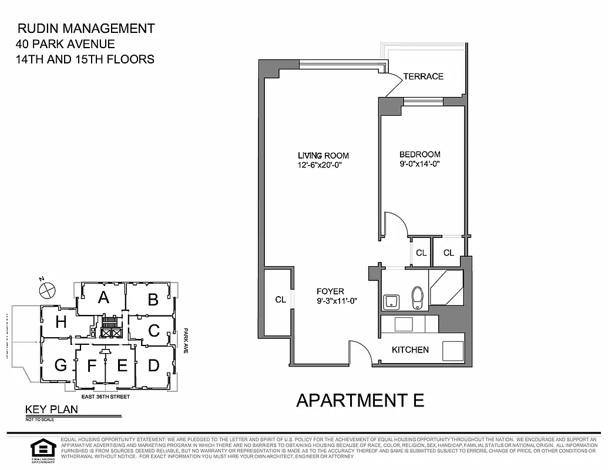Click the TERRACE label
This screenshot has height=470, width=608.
[x=423, y=76]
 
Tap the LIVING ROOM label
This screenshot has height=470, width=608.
[x=323, y=156]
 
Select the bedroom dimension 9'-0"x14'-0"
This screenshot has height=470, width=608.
[x=419, y=165]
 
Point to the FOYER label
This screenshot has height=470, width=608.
[x=330, y=291]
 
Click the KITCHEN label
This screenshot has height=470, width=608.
[x=410, y=350]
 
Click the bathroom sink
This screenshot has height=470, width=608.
[x=391, y=302]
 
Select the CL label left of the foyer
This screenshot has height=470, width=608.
[x=281, y=300]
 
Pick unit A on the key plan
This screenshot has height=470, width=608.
[x=103, y=297]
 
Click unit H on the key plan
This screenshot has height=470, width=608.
[x=61, y=322]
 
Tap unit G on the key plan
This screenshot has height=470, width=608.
[x=61, y=365]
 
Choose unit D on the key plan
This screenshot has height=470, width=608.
[x=153, y=365]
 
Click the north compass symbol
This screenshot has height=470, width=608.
[x=46, y=289]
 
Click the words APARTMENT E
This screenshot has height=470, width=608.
[x=360, y=400]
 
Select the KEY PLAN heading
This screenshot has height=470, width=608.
[x=51, y=410]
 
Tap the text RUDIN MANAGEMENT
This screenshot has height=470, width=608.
[x=86, y=28]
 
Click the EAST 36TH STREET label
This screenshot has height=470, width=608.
[x=106, y=397]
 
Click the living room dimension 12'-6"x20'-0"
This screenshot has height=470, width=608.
[x=320, y=165]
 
